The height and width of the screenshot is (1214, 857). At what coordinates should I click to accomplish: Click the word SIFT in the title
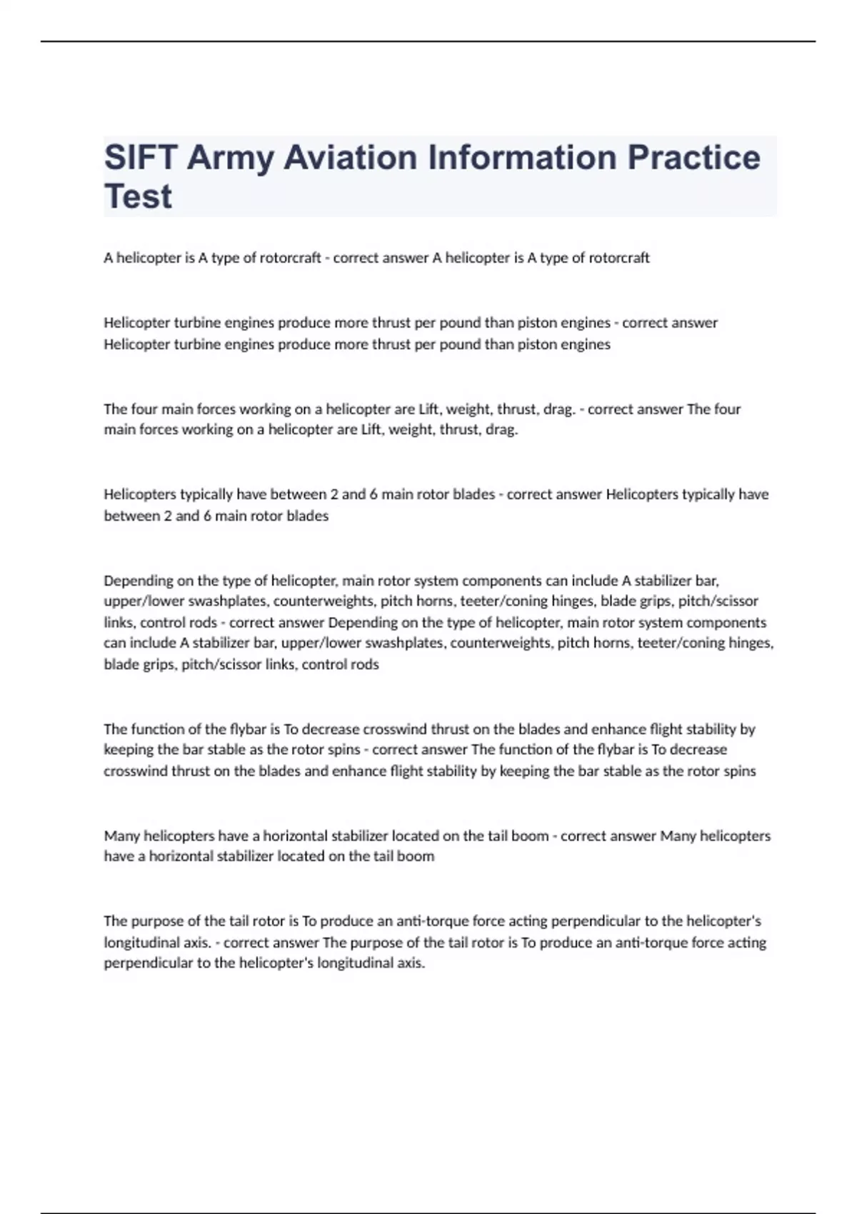tap(140, 158)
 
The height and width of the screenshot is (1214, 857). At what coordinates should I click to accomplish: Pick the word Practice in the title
tap(693, 158)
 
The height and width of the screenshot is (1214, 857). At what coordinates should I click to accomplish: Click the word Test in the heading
tap(138, 196)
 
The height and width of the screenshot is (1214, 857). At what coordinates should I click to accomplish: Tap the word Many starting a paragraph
tap(122, 836)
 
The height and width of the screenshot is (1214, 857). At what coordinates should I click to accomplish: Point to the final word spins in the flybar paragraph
tap(741, 771)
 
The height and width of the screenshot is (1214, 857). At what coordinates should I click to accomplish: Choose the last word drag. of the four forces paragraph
tap(501, 430)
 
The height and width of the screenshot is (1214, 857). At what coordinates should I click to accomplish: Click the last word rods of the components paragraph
tap(365, 664)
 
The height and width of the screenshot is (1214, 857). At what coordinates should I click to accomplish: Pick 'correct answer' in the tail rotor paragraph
tap(271, 943)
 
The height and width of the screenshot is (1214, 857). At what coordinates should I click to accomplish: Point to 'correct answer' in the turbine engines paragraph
tap(670, 323)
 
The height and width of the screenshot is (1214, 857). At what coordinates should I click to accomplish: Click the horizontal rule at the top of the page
tap(428, 41)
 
